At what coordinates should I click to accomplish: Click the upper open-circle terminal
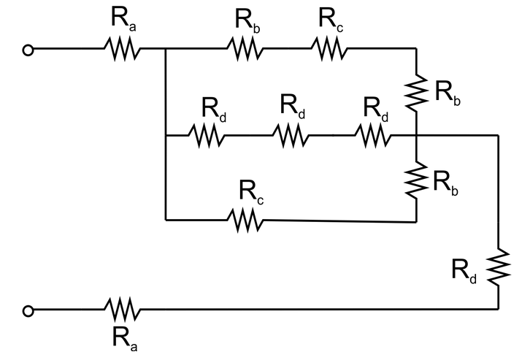[28, 50]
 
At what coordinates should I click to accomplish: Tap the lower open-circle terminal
[28, 311]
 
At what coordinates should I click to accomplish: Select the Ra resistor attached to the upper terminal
[122, 50]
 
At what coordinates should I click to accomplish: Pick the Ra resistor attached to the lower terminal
[122, 310]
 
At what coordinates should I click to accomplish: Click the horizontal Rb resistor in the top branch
[245, 50]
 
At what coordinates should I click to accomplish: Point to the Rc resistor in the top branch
[330, 50]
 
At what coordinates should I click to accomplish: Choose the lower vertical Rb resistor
[415, 180]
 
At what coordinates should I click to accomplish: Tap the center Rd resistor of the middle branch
[290, 135]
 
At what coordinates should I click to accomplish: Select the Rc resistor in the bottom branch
[245, 219]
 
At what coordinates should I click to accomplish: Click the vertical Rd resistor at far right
[499, 267]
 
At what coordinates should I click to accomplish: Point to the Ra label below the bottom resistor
[122, 337]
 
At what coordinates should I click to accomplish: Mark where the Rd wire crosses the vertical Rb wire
[415, 135]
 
